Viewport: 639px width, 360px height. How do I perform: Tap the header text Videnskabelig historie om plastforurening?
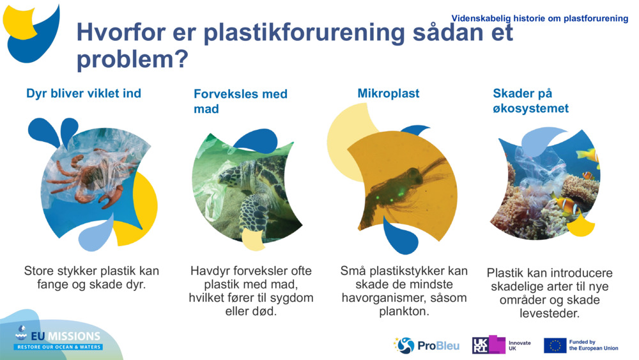[539, 19]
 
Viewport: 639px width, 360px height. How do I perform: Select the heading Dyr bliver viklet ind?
[84, 93]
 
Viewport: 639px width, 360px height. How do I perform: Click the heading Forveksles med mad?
[240, 101]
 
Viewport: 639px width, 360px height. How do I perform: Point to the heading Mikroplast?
[388, 93]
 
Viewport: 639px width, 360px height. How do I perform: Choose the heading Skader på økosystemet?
[530, 101]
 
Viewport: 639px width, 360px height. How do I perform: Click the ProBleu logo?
[426, 345]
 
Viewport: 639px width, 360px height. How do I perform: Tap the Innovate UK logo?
[501, 345]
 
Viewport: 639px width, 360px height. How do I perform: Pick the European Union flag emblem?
[555, 345]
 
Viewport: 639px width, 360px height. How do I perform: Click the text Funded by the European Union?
[593, 345]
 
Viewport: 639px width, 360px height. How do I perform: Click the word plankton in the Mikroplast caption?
[404, 312]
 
